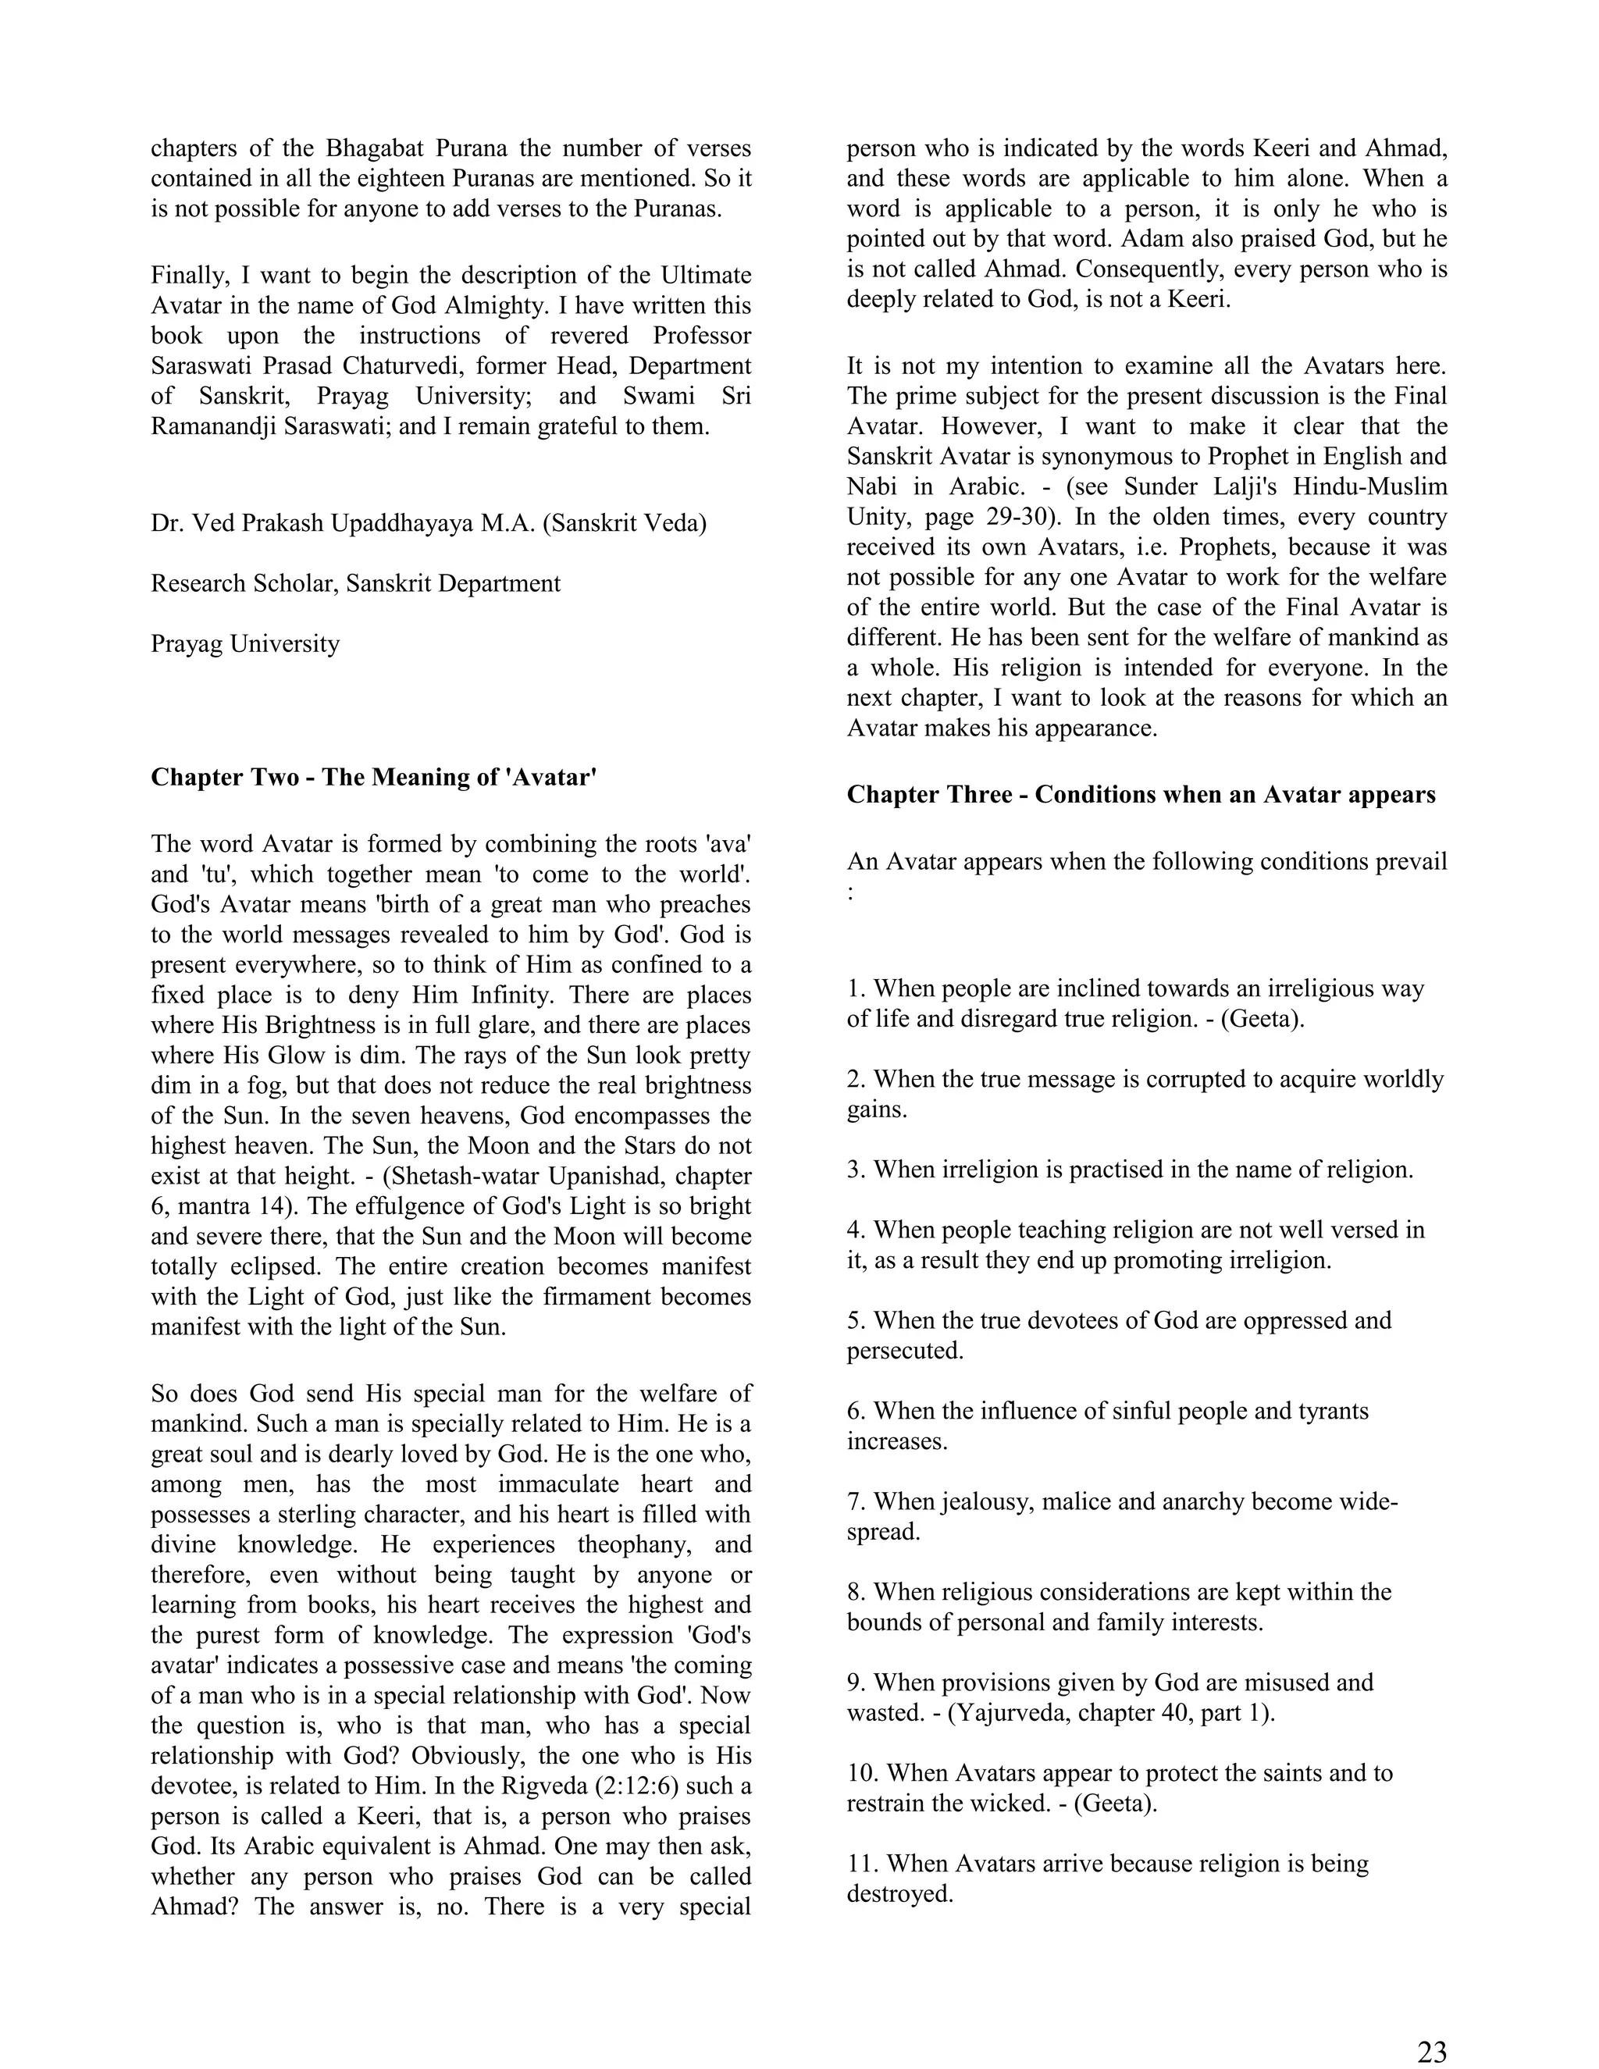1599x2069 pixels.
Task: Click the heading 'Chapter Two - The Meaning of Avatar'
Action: [x=373, y=778]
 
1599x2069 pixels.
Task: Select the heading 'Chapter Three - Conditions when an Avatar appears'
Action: [x=1141, y=795]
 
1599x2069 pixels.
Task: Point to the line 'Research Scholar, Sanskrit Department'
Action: [x=355, y=583]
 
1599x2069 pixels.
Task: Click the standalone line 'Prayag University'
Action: [x=244, y=644]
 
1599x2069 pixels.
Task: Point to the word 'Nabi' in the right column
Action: [x=871, y=487]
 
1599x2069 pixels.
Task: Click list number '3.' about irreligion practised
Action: [x=856, y=1170]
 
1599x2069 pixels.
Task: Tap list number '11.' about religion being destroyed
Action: [x=863, y=1864]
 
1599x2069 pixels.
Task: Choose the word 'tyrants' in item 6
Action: [x=1331, y=1412]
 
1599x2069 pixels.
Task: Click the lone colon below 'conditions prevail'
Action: [x=852, y=893]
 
